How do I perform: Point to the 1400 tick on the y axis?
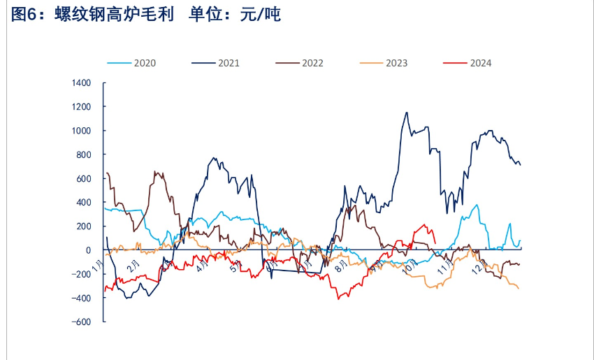click(82, 83)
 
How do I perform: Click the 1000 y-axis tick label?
click(82, 131)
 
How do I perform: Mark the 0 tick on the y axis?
click(88, 250)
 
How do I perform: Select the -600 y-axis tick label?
click(82, 322)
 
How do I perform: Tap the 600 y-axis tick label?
click(84, 178)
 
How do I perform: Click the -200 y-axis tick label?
click(82, 274)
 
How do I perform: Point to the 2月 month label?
click(133, 266)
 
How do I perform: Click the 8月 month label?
click(341, 266)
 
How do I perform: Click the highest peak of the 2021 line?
click(407, 112)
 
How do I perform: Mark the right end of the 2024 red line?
click(435, 243)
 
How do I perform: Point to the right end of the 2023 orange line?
click(519, 289)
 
